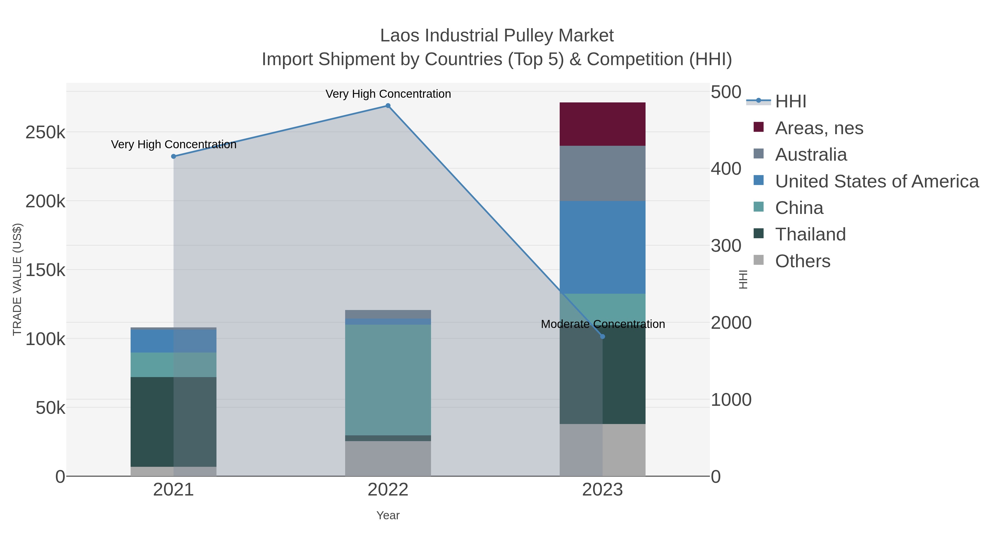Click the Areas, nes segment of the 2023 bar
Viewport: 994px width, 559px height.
[x=602, y=124]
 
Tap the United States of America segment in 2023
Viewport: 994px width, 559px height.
[x=602, y=247]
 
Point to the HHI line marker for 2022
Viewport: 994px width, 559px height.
[x=388, y=106]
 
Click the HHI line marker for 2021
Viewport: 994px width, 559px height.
[x=174, y=156]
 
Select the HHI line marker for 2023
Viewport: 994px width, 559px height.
[x=603, y=337]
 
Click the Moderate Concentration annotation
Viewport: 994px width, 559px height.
[x=603, y=324]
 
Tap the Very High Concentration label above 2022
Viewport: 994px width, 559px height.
[x=388, y=94]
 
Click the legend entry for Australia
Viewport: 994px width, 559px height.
[x=811, y=154]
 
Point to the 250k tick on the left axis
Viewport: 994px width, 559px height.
[x=45, y=132]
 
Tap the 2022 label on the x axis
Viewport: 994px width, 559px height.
[x=388, y=490]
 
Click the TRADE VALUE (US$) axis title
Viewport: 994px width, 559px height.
[x=17, y=279]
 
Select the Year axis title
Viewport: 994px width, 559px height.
[x=388, y=515]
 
